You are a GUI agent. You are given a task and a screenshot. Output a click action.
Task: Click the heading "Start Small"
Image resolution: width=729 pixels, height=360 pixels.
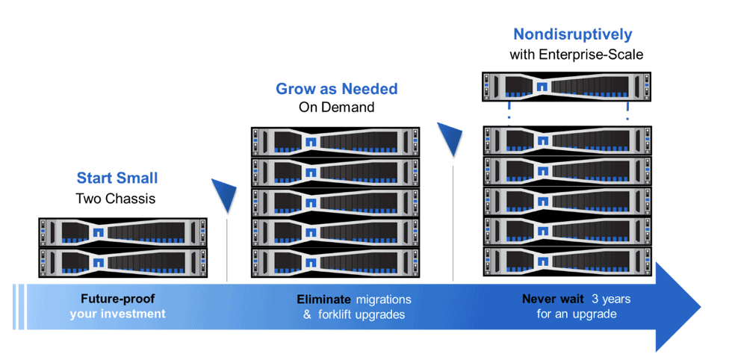point(117,178)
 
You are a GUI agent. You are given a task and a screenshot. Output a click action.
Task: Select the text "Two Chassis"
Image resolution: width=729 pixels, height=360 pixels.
point(117,199)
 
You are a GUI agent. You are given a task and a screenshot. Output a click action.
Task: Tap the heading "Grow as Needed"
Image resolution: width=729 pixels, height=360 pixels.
point(336,89)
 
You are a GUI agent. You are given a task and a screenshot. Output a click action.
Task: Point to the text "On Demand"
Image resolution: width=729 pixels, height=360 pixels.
point(336,108)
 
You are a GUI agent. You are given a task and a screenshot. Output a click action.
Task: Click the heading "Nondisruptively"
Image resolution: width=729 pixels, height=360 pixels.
point(572,34)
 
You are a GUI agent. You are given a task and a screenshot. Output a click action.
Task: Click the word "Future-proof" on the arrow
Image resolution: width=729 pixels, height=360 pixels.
point(117,299)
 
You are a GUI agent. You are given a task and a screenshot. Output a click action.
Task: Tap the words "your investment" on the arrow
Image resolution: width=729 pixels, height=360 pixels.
point(117,314)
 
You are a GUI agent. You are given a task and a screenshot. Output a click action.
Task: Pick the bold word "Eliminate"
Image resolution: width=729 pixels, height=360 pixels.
point(323,300)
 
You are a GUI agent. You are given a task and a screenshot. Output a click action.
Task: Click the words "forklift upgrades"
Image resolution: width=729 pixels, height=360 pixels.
point(361,314)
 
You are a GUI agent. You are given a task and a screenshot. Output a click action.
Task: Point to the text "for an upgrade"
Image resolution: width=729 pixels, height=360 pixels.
point(576,314)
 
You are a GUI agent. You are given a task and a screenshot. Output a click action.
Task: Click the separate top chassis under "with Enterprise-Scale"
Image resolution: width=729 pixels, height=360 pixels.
point(565,87)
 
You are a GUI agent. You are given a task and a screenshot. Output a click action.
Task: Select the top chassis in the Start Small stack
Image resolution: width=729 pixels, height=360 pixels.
point(122,232)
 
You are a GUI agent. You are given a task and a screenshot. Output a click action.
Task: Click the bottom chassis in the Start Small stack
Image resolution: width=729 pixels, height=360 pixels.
point(122,262)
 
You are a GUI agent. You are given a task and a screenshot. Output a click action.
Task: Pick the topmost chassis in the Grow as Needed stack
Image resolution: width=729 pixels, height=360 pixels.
point(335,141)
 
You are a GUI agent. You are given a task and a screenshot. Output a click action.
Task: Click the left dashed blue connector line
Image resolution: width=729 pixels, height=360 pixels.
point(509,112)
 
